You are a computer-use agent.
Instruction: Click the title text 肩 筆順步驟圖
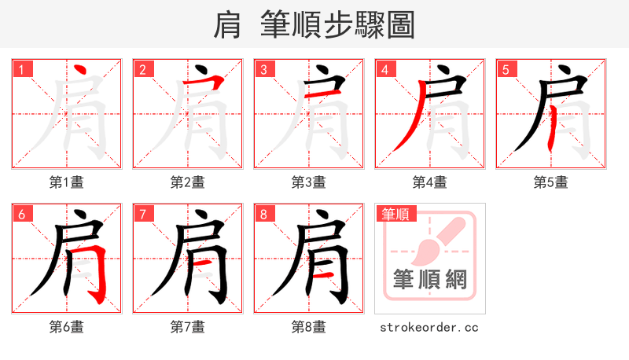(314, 25)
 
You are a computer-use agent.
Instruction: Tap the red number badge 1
(21, 70)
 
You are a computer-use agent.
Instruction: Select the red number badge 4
(384, 70)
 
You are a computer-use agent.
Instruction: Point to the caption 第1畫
(67, 182)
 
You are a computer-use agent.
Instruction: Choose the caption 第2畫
(188, 182)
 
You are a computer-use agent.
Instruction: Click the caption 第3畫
(309, 182)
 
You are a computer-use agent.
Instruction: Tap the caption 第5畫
(551, 182)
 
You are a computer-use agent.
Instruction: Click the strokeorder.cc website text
(429, 327)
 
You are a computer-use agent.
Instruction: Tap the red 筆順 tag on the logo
(396, 214)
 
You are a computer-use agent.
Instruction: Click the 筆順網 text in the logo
(429, 281)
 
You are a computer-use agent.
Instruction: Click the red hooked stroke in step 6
(101, 275)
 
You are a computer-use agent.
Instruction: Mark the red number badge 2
(142, 70)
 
